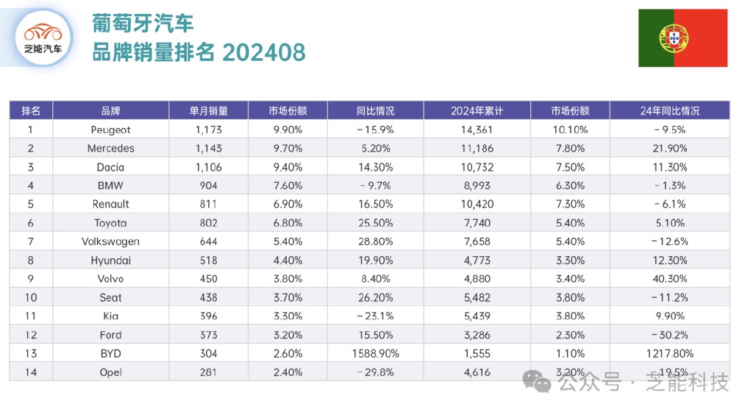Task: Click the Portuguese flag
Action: pos(682,38)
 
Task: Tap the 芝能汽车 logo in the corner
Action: pos(43,39)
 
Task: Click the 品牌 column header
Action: pos(110,111)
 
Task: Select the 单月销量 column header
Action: pos(209,111)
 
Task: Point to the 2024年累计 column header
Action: pos(477,111)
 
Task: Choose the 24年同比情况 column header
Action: pos(670,111)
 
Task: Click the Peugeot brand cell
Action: pos(110,129)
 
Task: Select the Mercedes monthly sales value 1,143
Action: pos(209,148)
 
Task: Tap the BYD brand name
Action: pos(110,353)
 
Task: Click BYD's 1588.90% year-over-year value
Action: pos(376,353)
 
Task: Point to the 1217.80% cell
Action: pos(670,353)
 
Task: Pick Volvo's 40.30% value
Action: pos(670,279)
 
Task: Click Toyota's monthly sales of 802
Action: pos(209,223)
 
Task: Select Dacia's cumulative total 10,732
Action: pos(477,167)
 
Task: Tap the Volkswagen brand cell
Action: pos(110,241)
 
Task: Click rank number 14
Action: pos(31,372)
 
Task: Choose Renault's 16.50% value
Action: pos(376,204)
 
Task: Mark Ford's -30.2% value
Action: pos(670,335)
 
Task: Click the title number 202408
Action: pos(263,52)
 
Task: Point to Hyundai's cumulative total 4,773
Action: pos(477,260)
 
